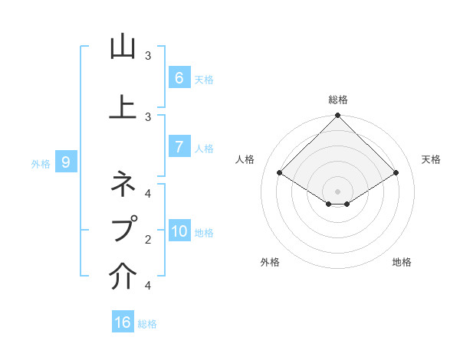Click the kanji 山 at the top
(x=123, y=47)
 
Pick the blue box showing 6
(x=179, y=77)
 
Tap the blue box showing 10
(x=179, y=232)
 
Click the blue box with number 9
(x=67, y=162)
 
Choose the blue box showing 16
(x=123, y=322)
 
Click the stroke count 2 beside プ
(x=148, y=240)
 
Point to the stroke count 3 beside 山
(x=148, y=56)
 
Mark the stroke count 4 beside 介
(x=148, y=286)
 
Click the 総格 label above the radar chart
(x=338, y=100)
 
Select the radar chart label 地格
(x=402, y=262)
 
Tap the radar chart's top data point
(x=338, y=116)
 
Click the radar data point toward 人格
(x=280, y=172)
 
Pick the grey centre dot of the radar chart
(x=338, y=191)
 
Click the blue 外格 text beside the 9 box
(x=40, y=163)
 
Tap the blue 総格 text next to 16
(x=147, y=324)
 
